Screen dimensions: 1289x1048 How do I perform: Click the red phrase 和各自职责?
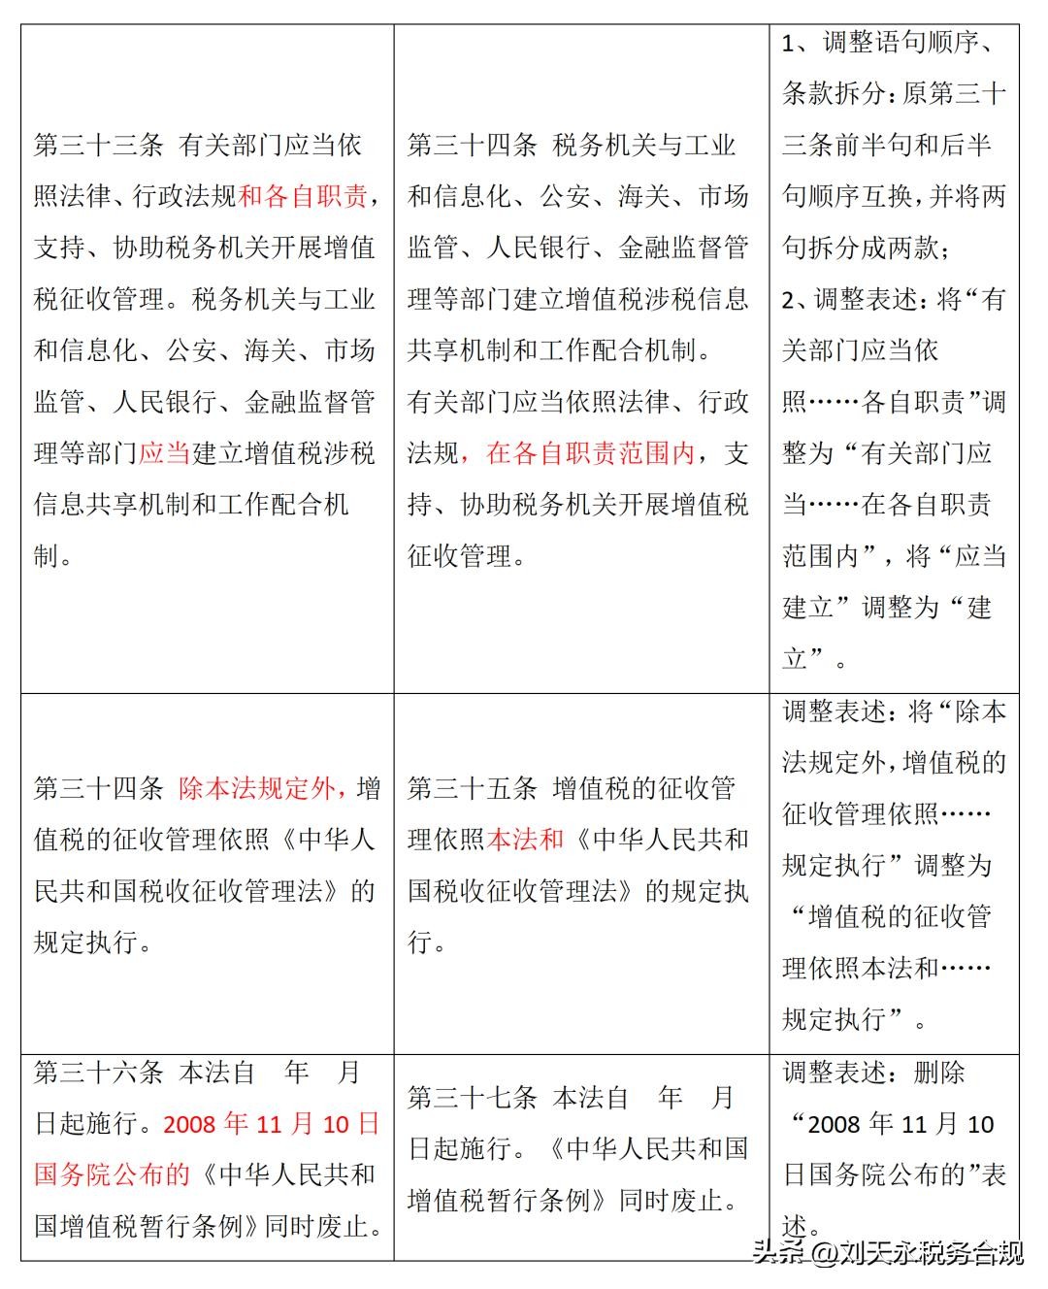pos(303,197)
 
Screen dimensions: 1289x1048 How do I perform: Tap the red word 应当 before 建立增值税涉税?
pos(164,453)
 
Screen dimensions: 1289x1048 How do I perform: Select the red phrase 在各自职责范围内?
pos(591,453)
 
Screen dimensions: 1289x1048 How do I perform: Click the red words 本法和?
pos(525,840)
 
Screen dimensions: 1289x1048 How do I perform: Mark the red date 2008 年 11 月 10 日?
pos(272,1124)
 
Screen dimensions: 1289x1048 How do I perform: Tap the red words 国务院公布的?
pos(113,1174)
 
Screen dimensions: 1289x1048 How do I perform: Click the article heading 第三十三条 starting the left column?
pos(99,146)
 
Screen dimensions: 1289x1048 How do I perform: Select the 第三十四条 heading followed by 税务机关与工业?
pos(473,146)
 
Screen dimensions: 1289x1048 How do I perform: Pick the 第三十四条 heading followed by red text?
pos(99,788)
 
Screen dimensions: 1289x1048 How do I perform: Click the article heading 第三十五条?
pos(473,788)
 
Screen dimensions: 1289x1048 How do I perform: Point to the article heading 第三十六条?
pos(99,1073)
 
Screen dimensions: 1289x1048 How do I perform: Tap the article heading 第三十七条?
pos(473,1098)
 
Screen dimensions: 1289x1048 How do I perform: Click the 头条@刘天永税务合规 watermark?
pos(888,1253)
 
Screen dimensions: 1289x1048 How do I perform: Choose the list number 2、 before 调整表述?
pos(798,299)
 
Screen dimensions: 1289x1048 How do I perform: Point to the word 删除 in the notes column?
pos(939,1073)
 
